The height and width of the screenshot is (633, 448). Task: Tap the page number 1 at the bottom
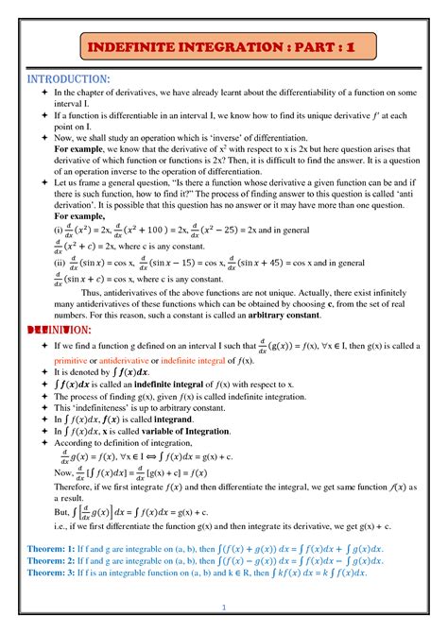click(x=224, y=607)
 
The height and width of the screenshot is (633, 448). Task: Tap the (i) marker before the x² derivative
click(x=59, y=229)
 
